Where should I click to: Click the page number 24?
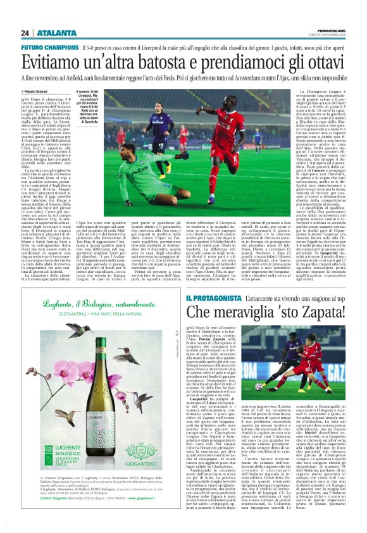(25, 33)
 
